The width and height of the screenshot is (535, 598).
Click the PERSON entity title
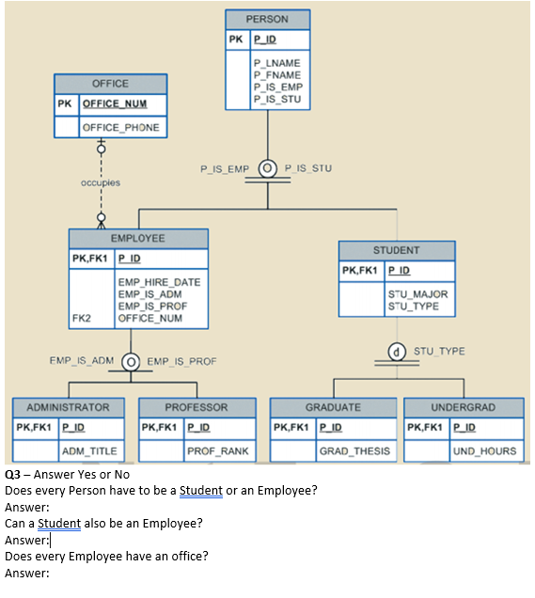(266, 19)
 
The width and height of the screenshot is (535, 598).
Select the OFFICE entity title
(110, 84)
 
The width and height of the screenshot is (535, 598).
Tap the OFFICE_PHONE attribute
(120, 127)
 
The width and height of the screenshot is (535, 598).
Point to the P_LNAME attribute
(276, 63)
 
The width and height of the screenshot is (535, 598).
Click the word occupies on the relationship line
(101, 181)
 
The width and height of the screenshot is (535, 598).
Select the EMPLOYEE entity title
(137, 239)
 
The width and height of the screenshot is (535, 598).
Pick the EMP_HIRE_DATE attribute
(159, 282)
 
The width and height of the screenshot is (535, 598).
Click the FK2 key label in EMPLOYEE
(81, 318)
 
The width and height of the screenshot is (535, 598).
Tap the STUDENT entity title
(396, 250)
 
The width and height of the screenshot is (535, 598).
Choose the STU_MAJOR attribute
(417, 294)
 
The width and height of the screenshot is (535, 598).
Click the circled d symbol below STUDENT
(398, 352)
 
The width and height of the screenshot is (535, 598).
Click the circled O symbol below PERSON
(267, 169)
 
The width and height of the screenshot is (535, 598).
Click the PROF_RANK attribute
(217, 451)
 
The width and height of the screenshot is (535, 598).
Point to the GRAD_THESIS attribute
(354, 451)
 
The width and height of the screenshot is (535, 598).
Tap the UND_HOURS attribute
(484, 451)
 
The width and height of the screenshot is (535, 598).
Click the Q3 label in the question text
(14, 474)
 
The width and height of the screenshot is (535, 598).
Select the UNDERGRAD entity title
(463, 407)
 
